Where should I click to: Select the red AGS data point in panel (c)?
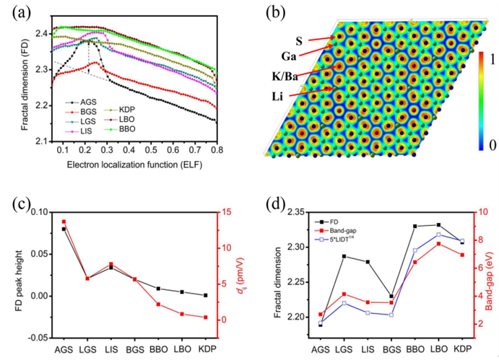coord(64,221)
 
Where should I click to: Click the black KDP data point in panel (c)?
coord(204,295)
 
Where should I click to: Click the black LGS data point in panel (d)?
coord(344,256)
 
